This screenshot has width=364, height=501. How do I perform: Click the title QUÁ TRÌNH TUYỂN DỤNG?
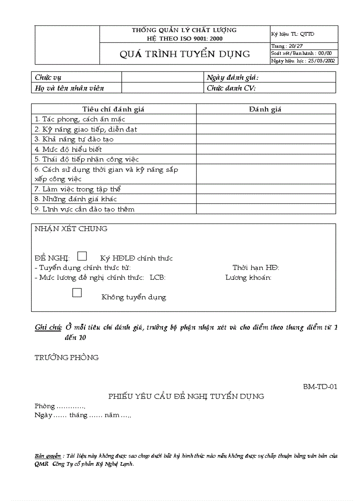pyautogui.click(x=185, y=54)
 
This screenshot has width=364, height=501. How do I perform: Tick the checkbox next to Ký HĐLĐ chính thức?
pyautogui.click(x=82, y=256)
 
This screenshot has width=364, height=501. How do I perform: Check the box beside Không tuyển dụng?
pyautogui.click(x=77, y=293)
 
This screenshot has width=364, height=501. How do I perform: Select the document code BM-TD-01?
pyautogui.click(x=320, y=386)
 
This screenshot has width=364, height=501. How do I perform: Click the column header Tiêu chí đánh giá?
pyautogui.click(x=113, y=109)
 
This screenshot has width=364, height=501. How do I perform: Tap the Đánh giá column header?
pyautogui.click(x=265, y=109)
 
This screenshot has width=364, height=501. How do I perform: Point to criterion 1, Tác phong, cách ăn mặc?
pyautogui.click(x=80, y=119)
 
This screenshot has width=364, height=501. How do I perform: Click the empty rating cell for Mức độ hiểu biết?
pyautogui.click(x=265, y=149)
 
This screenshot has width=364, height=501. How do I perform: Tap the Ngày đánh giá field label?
pyautogui.click(x=232, y=78)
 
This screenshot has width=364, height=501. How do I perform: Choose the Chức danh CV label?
pyautogui.click(x=231, y=88)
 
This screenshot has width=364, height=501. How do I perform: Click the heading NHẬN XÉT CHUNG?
pyautogui.click(x=71, y=229)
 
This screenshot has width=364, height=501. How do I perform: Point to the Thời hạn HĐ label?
pyautogui.click(x=256, y=268)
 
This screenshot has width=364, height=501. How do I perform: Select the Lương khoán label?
pyautogui.click(x=248, y=277)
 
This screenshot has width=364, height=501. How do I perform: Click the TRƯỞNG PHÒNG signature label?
pyautogui.click(x=66, y=357)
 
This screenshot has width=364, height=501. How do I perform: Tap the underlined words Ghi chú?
pyautogui.click(x=48, y=328)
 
